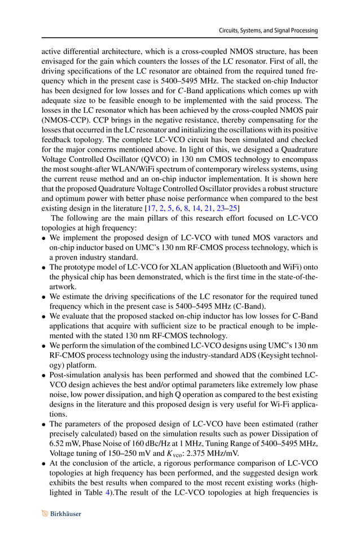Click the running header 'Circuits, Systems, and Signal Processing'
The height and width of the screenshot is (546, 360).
point(268,30)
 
